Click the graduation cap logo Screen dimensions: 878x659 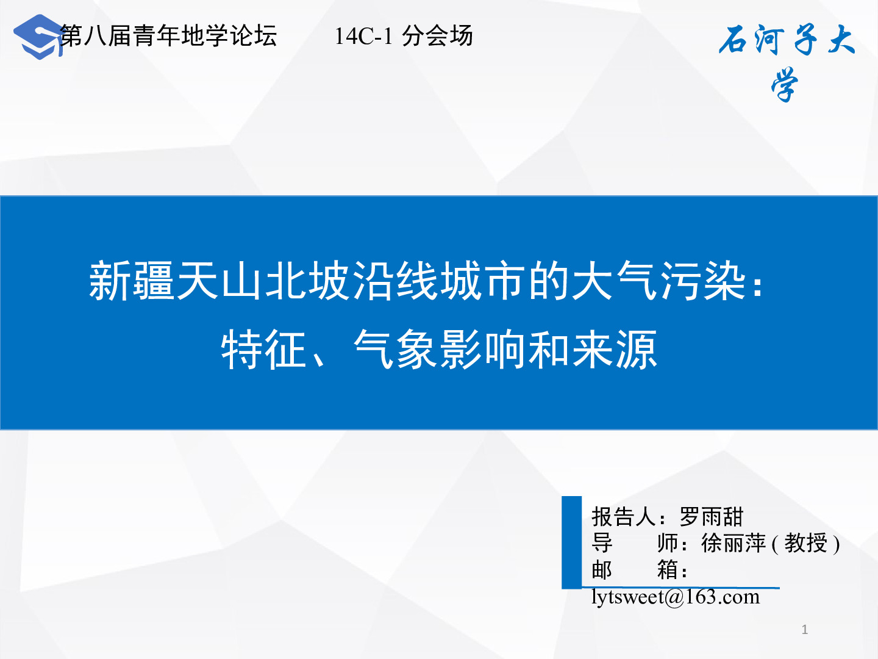[38, 37]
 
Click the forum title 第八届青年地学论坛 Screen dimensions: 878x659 [168, 36]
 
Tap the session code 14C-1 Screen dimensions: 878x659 [363, 37]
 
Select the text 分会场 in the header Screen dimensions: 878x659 [437, 36]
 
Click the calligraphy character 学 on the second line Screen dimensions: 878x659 [785, 85]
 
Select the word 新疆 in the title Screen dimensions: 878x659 [132, 281]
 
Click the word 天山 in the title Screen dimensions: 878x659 [220, 281]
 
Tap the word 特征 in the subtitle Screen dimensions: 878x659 [264, 350]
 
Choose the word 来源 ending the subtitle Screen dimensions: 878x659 [615, 350]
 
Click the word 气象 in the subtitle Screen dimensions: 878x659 [395, 350]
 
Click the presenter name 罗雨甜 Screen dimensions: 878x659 [711, 517]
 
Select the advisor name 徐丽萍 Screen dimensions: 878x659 [733, 543]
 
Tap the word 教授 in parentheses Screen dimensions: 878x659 [805, 543]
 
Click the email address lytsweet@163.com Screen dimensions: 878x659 [676, 597]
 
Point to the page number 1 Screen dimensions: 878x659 [805, 630]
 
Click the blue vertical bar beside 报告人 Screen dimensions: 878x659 [571, 542]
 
